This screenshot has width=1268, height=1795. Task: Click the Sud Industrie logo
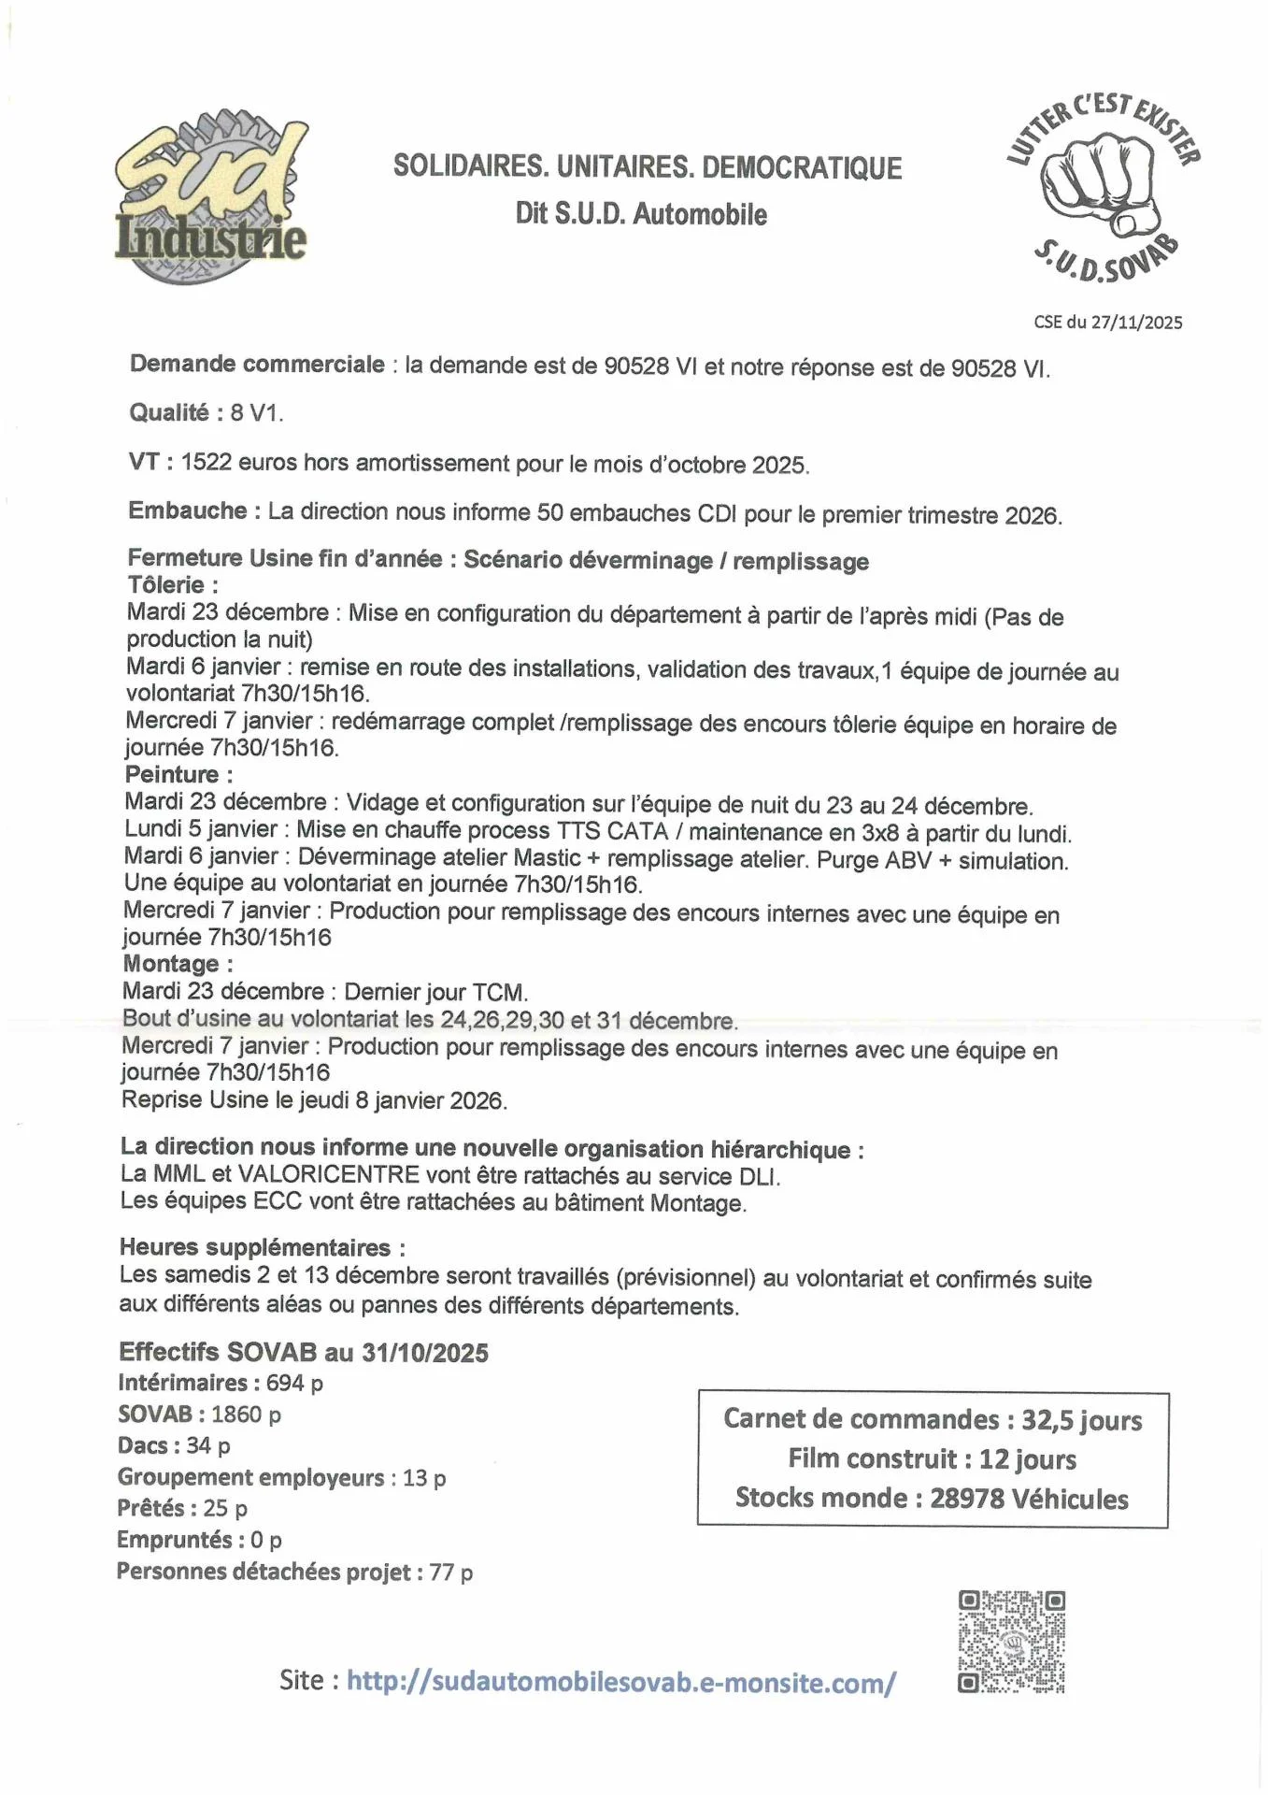pyautogui.click(x=210, y=199)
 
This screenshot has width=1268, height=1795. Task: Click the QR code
pyautogui.click(x=1011, y=1643)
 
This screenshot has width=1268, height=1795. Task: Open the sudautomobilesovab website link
pyautogui.click(x=621, y=1682)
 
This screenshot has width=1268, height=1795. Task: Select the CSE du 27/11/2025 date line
pyautogui.click(x=1107, y=323)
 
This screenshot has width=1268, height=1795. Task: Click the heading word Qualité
pyautogui.click(x=169, y=412)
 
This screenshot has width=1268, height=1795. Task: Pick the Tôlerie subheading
pyautogui.click(x=173, y=585)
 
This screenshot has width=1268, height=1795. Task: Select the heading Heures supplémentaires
pyautogui.click(x=262, y=1247)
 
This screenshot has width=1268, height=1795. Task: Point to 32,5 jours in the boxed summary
pyautogui.click(x=1081, y=1420)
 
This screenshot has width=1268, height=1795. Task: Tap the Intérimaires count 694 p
pyautogui.click(x=294, y=1383)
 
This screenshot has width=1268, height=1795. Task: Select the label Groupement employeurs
pyautogui.click(x=250, y=1477)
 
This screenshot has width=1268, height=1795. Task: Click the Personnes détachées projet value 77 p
pyautogui.click(x=450, y=1572)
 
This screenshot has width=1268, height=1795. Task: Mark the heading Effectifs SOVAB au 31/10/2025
pyautogui.click(x=303, y=1352)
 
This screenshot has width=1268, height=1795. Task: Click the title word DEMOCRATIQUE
pyautogui.click(x=801, y=168)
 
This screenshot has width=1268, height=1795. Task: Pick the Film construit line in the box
pyautogui.click(x=932, y=1459)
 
